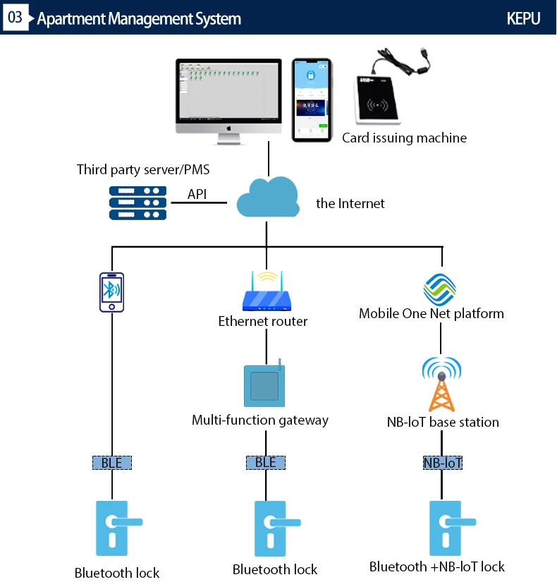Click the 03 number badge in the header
(x=14, y=17)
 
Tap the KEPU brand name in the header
(x=523, y=18)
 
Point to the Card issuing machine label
(x=404, y=138)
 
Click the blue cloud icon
(x=267, y=198)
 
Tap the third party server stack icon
(x=137, y=202)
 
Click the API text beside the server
(x=197, y=194)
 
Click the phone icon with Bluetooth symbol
(x=111, y=292)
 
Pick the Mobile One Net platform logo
(x=440, y=288)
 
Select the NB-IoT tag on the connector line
(x=442, y=463)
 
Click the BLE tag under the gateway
(x=266, y=463)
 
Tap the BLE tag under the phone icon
(x=111, y=463)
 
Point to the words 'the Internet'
(x=350, y=204)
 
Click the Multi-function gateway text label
(x=260, y=420)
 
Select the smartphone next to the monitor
(x=312, y=99)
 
